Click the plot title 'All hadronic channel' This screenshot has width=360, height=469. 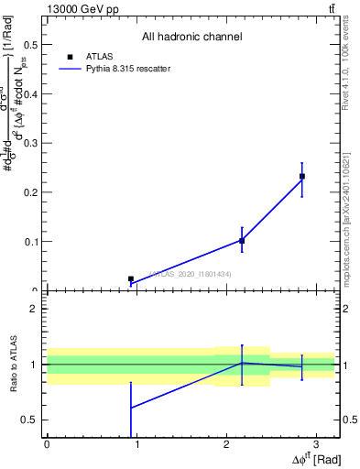(x=191, y=38)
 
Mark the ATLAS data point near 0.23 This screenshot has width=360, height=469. (x=302, y=176)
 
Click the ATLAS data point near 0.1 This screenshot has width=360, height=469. (x=242, y=241)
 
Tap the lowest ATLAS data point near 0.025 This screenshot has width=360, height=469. (x=131, y=278)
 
